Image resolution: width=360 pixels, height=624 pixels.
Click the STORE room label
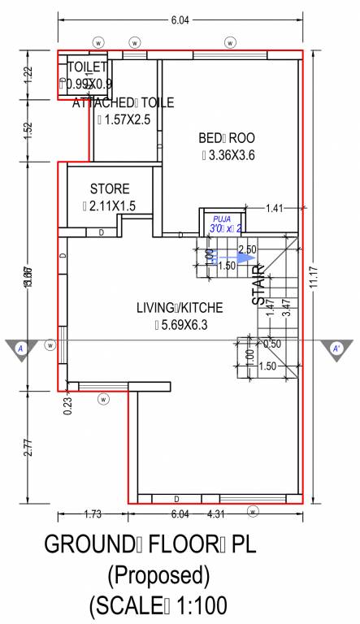(x=110, y=188)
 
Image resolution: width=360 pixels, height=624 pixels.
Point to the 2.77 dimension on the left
(x=28, y=447)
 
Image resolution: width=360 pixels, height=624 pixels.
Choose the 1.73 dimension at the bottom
(x=93, y=514)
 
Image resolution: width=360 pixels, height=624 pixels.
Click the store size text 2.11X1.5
(x=113, y=206)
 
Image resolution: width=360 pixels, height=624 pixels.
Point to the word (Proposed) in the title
(x=159, y=575)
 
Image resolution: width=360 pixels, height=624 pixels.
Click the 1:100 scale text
(x=193, y=606)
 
